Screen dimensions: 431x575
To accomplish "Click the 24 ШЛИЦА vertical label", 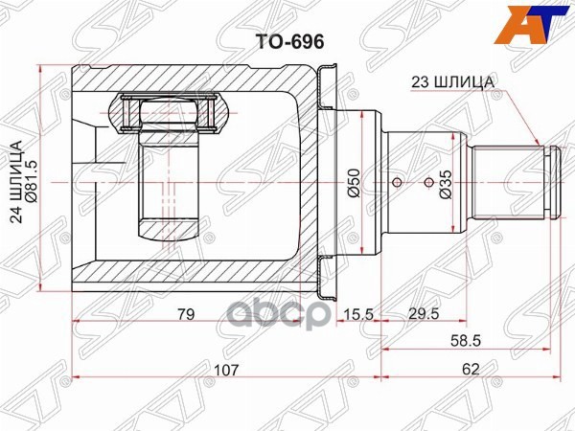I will pyautogui.click(x=17, y=182).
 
